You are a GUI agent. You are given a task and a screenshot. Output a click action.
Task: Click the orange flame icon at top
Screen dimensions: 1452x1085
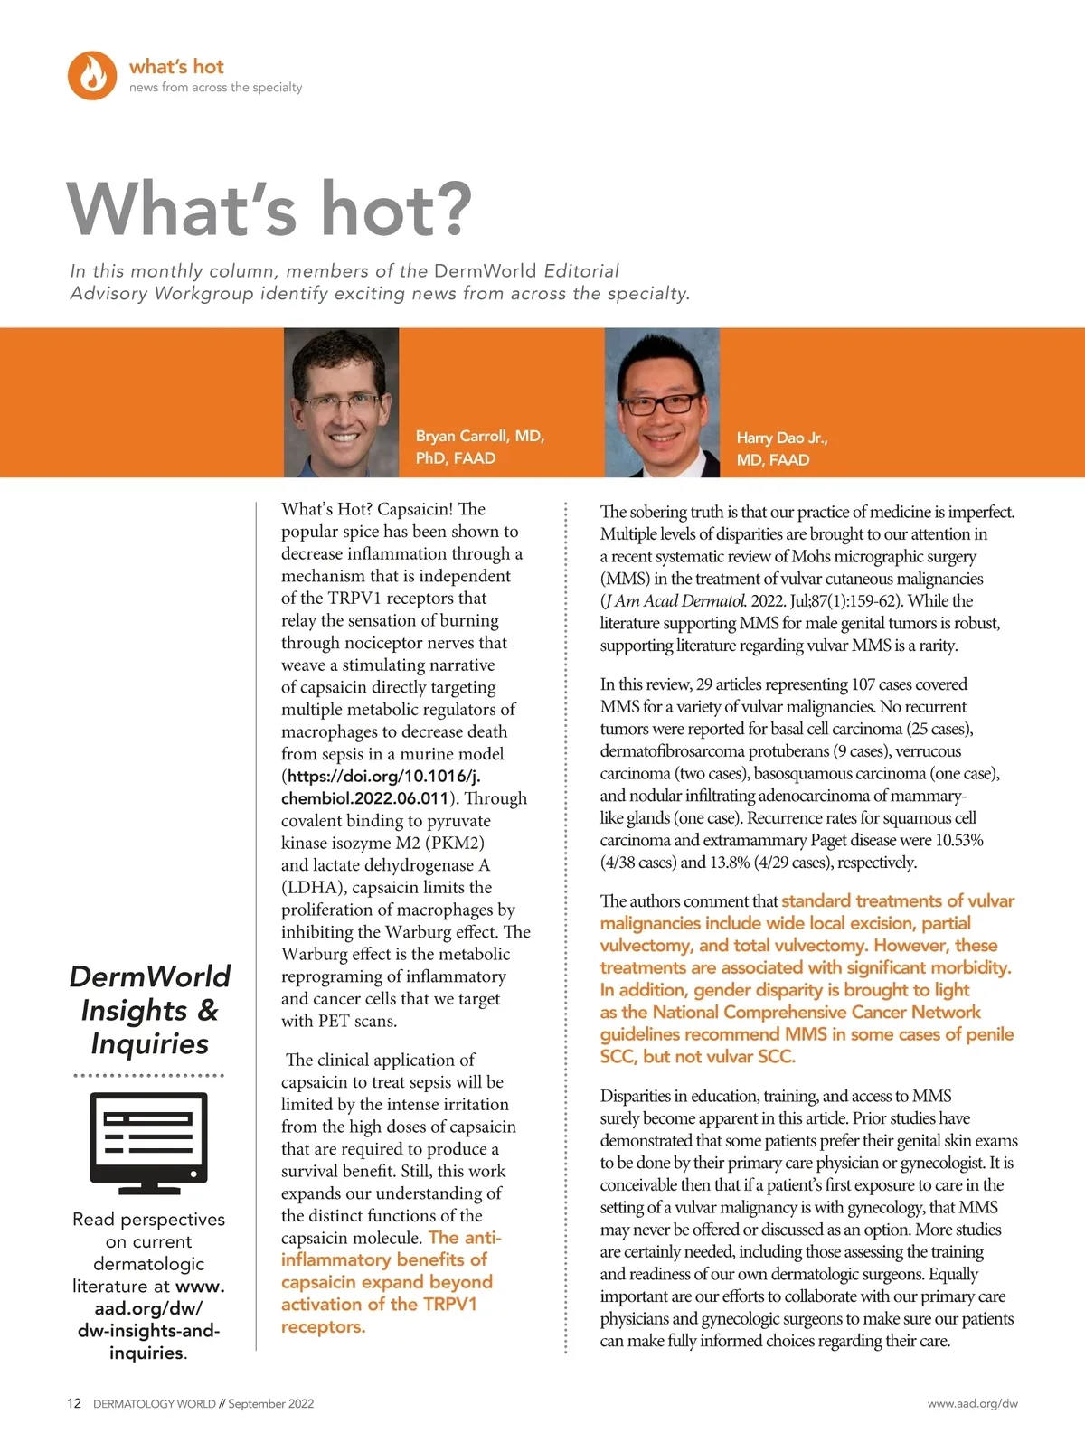click(92, 75)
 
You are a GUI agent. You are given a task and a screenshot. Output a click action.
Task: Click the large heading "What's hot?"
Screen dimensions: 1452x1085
click(269, 209)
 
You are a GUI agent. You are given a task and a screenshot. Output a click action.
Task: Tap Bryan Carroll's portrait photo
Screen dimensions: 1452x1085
click(341, 402)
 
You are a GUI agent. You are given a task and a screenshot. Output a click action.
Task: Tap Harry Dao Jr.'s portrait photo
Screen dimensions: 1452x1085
click(662, 402)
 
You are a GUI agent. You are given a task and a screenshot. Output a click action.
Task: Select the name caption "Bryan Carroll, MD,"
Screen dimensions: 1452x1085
click(479, 436)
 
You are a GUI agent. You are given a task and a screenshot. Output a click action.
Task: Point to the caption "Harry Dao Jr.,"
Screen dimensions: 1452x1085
click(781, 438)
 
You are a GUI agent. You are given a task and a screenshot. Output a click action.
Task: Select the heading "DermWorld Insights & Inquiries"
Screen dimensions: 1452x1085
click(150, 1010)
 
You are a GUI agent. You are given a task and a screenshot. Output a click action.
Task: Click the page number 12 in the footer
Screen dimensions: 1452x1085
click(74, 1403)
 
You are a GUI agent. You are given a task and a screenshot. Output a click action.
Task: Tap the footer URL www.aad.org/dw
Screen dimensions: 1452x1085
click(972, 1403)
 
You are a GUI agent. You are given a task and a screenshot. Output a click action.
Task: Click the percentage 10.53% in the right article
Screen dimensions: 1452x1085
click(958, 840)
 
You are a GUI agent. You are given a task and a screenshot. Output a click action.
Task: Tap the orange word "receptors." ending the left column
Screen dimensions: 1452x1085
click(323, 1326)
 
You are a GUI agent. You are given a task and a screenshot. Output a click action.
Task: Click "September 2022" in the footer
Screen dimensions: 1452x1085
click(270, 1403)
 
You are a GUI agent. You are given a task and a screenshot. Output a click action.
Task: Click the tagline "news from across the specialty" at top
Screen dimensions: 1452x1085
click(215, 87)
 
